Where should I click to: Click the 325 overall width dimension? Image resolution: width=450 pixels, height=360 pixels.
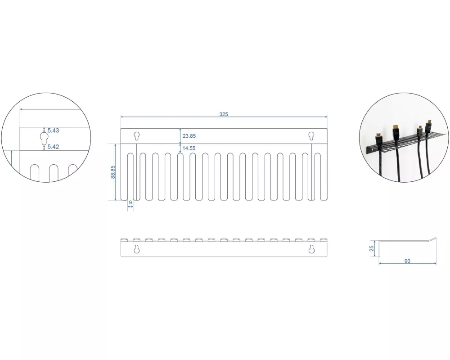224,114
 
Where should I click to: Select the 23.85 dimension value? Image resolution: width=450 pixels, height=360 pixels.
189,136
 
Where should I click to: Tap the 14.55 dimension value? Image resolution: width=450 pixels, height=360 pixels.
189,148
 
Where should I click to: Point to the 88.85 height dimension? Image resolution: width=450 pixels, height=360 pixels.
113,172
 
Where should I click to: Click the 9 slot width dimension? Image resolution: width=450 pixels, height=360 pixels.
130,202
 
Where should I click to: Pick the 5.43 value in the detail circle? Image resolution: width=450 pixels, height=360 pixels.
53,130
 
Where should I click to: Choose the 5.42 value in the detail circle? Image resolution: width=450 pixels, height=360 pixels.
53,147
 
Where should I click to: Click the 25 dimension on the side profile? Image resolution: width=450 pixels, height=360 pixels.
372,248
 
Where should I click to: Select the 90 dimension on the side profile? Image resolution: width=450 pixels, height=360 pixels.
407,261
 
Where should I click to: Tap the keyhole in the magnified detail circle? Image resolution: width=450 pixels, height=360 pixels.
44,138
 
